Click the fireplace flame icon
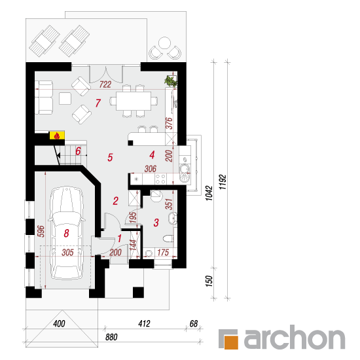pos(56,136)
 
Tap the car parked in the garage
pos(67,232)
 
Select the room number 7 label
pos(98,103)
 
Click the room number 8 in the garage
pos(66,233)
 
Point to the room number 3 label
pos(156,223)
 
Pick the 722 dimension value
pos(105,84)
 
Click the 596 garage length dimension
pos(41,231)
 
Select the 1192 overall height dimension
pos(223,182)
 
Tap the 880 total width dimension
pos(111,337)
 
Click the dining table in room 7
pos(134,101)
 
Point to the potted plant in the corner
pos(171,81)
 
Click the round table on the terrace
pos(164,43)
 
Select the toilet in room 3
pos(169,238)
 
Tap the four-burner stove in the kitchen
pos(160,179)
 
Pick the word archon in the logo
pos(295,337)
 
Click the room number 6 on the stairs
pos(78,151)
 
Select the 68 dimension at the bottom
pos(194,323)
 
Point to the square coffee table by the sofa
pos(65,98)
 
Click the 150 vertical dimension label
pos(209,281)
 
